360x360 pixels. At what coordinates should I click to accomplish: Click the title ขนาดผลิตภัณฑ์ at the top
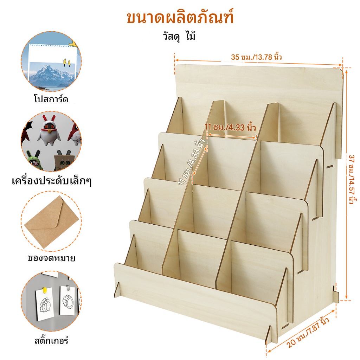180,18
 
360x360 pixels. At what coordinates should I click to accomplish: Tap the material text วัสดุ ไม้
179,36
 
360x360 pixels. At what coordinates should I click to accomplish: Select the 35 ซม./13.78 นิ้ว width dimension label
256,57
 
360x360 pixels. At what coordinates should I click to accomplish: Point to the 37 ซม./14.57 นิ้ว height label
352,180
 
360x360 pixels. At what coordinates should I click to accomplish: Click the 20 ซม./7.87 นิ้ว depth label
308,333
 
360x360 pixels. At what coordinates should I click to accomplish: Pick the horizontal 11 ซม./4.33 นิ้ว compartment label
230,127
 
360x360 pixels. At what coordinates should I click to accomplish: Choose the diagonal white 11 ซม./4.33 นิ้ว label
192,162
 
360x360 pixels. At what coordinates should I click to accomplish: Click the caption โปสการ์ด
51,99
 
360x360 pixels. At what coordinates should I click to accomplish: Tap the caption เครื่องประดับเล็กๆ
52,181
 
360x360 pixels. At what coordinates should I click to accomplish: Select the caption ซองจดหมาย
51,258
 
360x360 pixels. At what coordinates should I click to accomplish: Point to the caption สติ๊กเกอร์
51,340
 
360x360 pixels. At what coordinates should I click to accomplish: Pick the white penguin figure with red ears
49,130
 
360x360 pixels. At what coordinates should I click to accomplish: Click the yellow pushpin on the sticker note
45,290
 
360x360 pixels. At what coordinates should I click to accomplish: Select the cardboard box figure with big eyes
64,160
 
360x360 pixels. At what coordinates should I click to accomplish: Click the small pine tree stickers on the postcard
67,62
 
